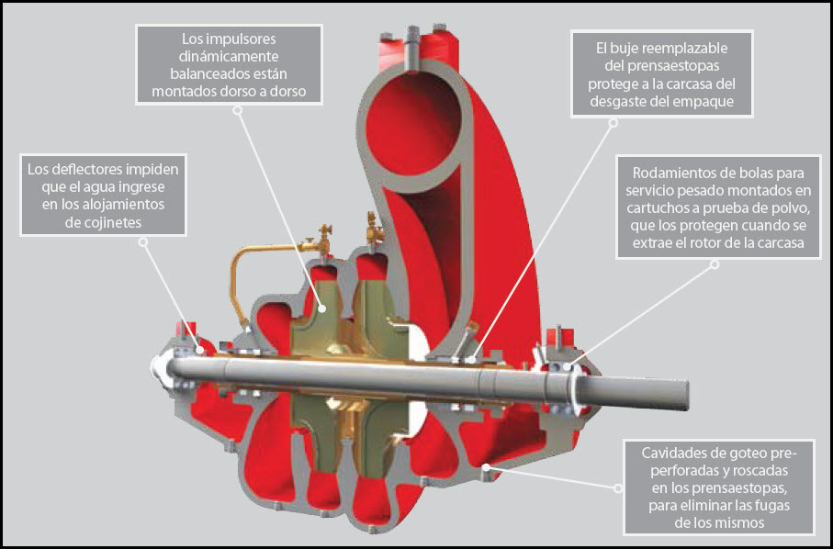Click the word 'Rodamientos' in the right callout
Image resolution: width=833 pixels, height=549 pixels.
click(x=670, y=174)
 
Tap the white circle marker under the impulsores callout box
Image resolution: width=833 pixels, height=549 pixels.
click(x=239, y=110)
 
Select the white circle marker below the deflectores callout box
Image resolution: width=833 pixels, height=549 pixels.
click(x=142, y=241)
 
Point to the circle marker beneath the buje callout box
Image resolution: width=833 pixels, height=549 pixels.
click(x=613, y=123)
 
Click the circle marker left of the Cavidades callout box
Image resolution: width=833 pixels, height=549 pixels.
click(x=618, y=488)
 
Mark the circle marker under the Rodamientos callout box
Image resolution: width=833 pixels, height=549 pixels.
click(x=715, y=264)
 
